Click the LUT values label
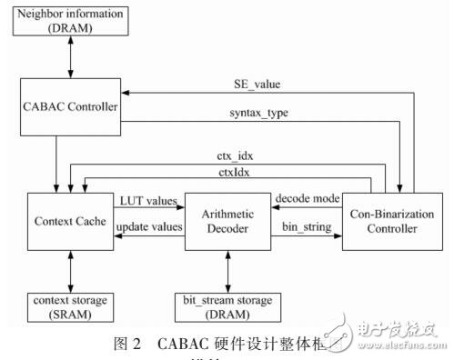(146, 200)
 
